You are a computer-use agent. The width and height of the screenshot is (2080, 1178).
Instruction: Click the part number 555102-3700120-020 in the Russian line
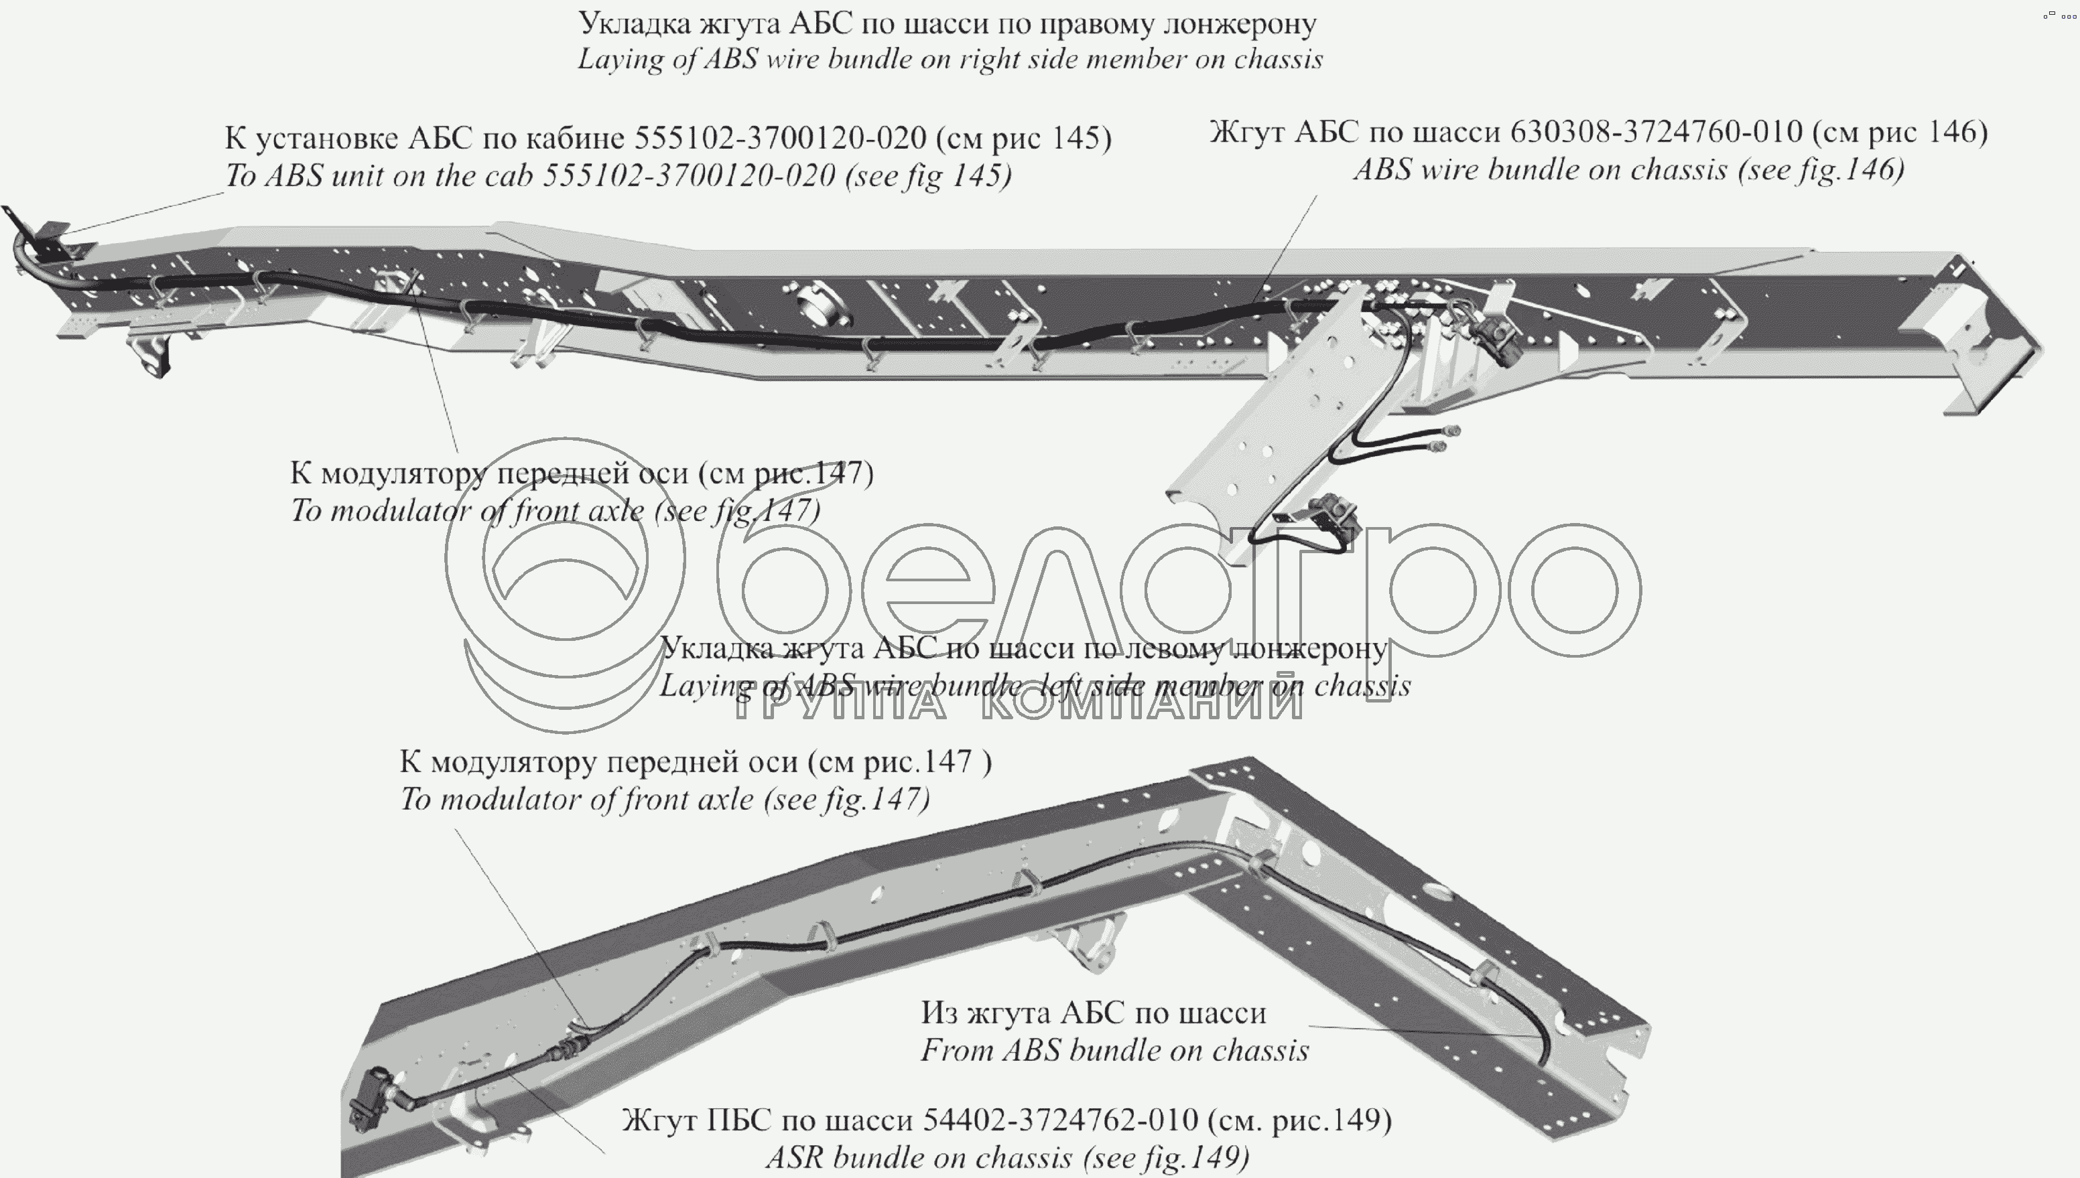pyautogui.click(x=779, y=139)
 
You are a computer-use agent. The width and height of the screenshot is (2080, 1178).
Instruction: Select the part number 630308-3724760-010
pyautogui.click(x=1656, y=132)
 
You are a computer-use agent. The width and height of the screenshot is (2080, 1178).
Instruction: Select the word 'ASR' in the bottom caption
pyautogui.click(x=795, y=1158)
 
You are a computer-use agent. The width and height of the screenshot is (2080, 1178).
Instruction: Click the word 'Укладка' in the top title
pyautogui.click(x=633, y=24)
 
